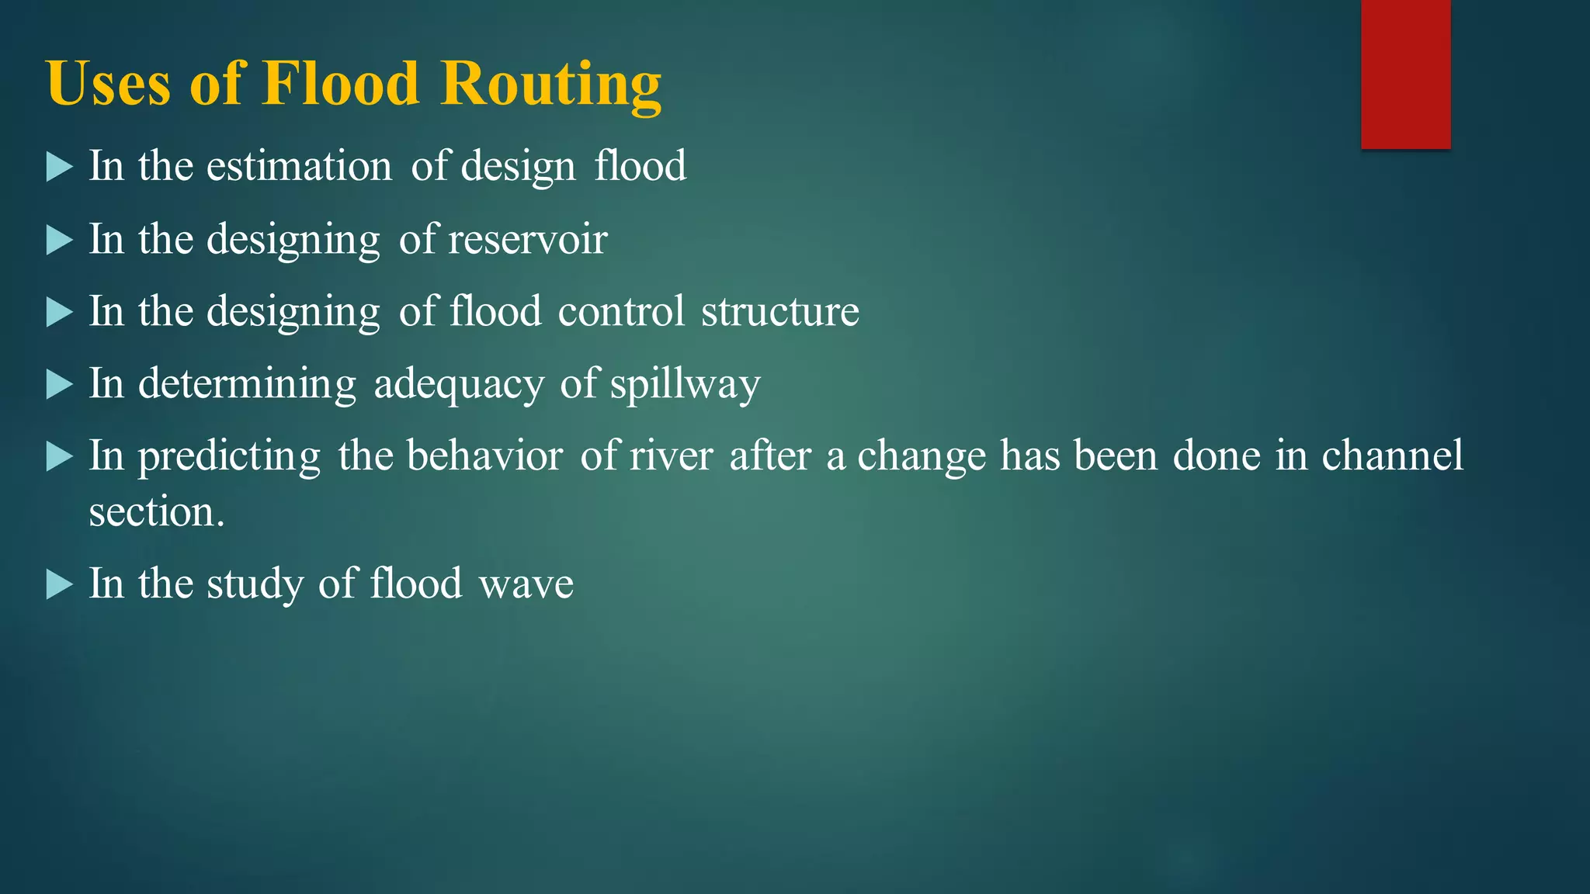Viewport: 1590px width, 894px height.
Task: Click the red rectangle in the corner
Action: click(1405, 74)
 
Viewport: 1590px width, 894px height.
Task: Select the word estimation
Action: click(299, 166)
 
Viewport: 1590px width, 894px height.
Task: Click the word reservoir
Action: click(527, 239)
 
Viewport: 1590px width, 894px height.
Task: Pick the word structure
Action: click(779, 312)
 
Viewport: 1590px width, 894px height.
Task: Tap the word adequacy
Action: click(459, 384)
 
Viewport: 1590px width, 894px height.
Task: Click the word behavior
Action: click(484, 456)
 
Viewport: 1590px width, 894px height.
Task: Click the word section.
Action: click(156, 512)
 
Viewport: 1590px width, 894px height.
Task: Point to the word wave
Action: click(526, 584)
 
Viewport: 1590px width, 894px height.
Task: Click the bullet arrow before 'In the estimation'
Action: click(59, 167)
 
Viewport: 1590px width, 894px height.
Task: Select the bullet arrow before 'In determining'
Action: click(59, 384)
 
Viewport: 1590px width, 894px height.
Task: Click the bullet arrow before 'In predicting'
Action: click(59, 456)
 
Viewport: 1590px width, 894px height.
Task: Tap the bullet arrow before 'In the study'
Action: click(59, 584)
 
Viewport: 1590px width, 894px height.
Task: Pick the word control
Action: click(621, 312)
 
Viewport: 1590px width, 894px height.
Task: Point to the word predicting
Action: click(229, 456)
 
